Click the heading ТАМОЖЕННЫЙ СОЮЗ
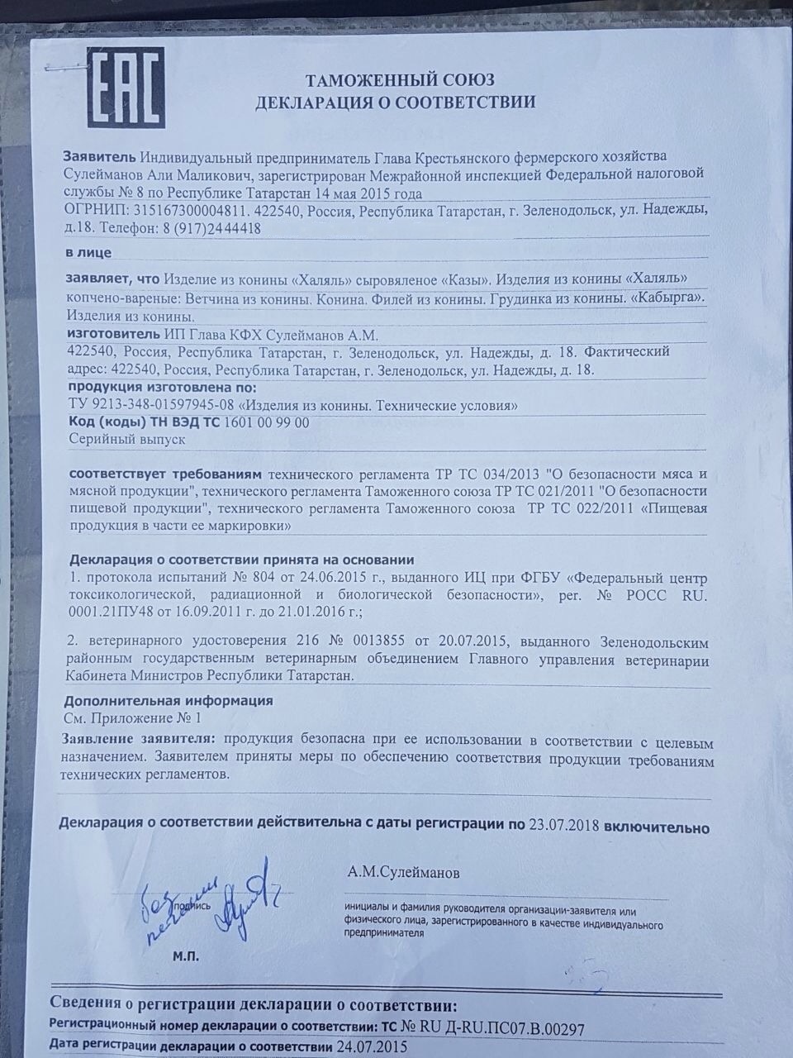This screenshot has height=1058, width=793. (400, 80)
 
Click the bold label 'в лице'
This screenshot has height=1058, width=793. (87, 252)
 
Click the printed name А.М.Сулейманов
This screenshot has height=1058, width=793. (405, 873)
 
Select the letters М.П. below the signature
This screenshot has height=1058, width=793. (186, 956)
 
